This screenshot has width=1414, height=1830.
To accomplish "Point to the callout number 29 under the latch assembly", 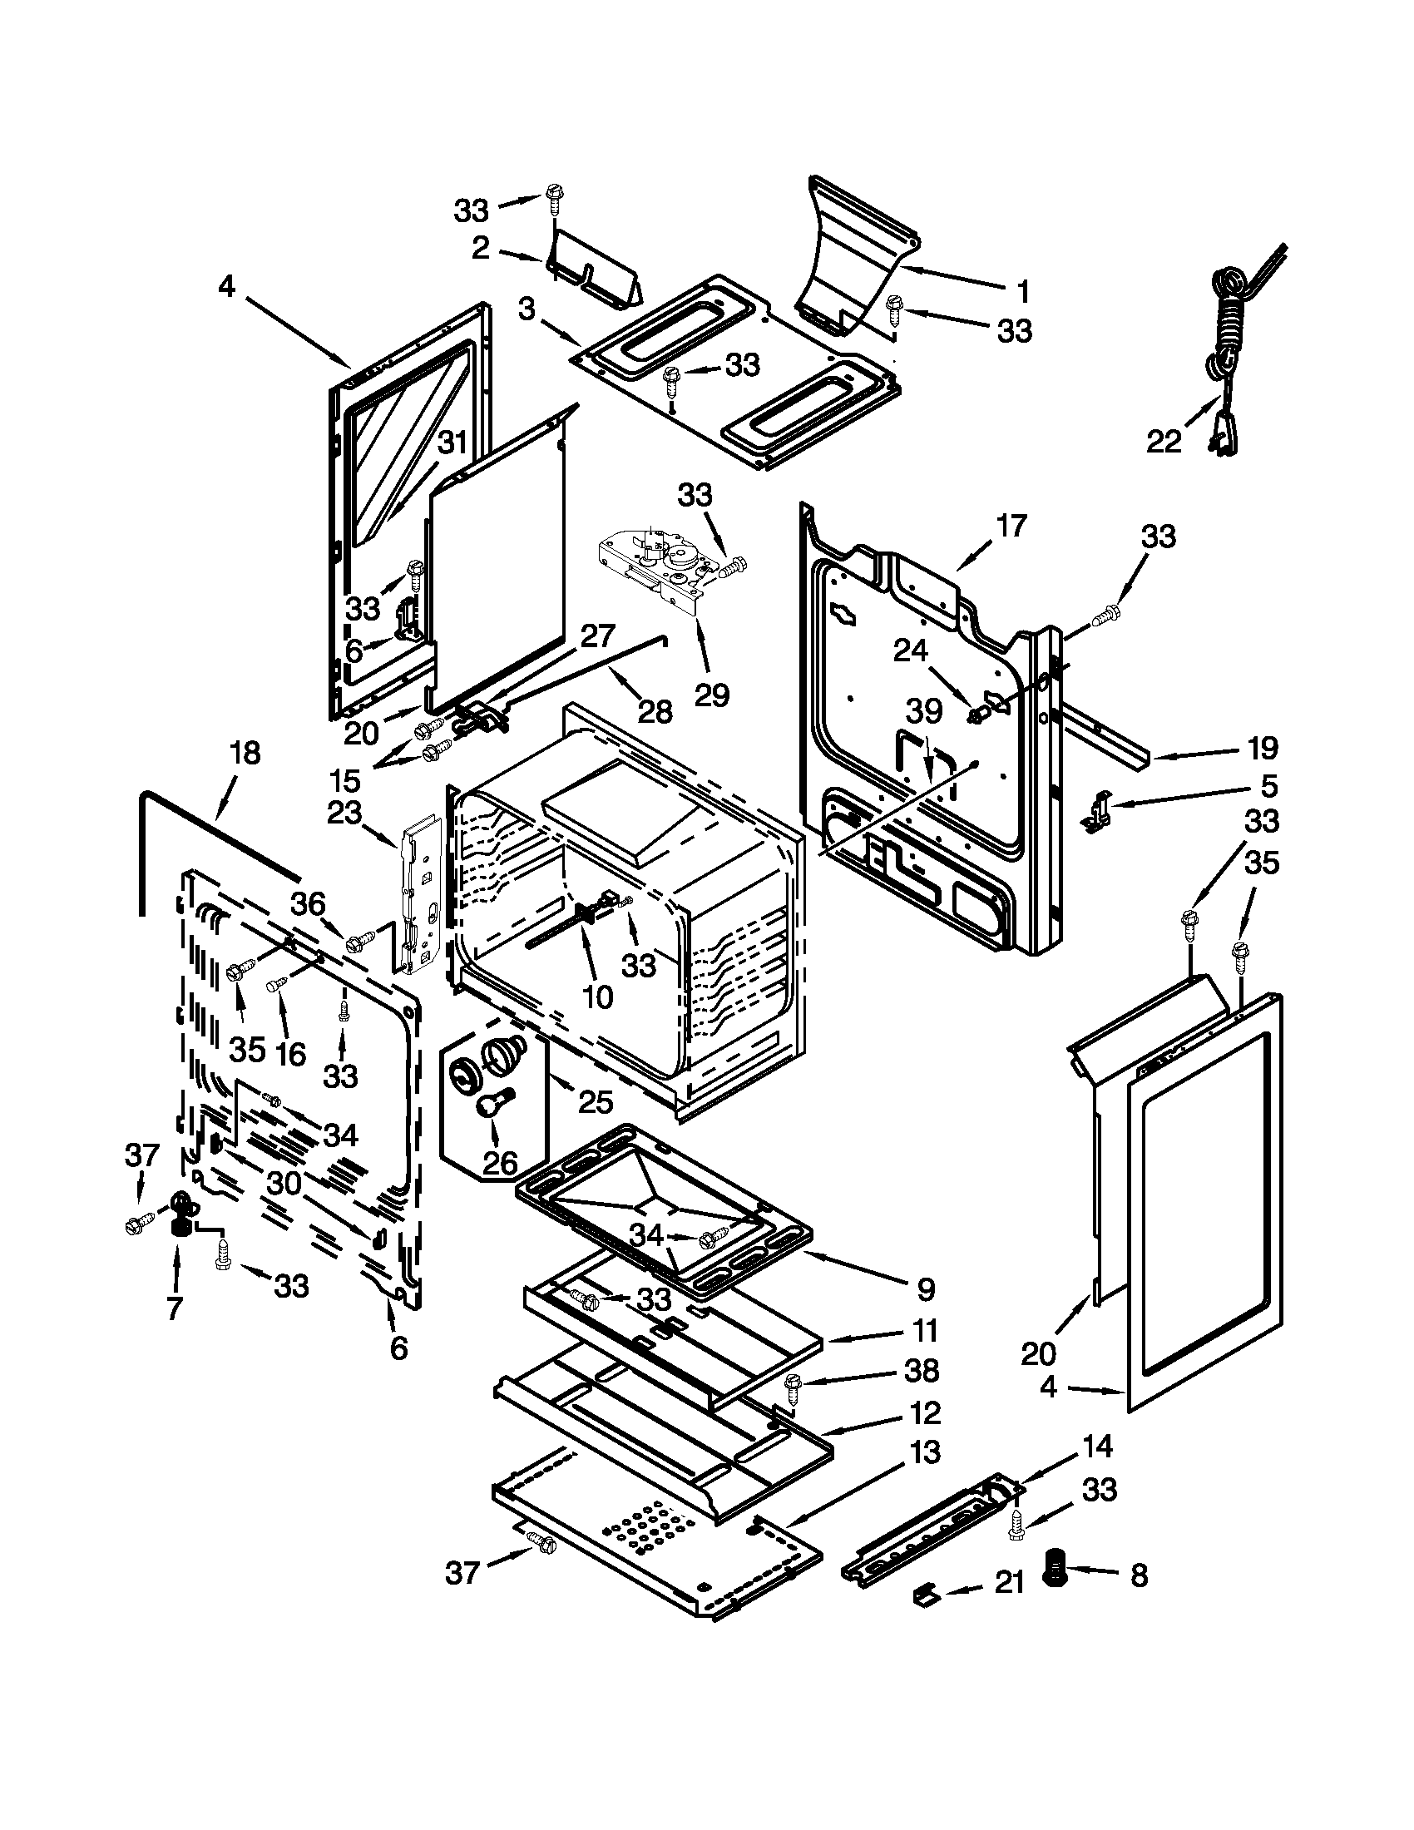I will tap(712, 694).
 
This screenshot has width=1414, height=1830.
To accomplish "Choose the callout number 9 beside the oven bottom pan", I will tap(925, 1289).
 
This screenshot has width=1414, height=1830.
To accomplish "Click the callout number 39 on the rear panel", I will tap(924, 711).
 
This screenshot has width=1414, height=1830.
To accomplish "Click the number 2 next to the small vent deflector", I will tap(481, 248).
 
